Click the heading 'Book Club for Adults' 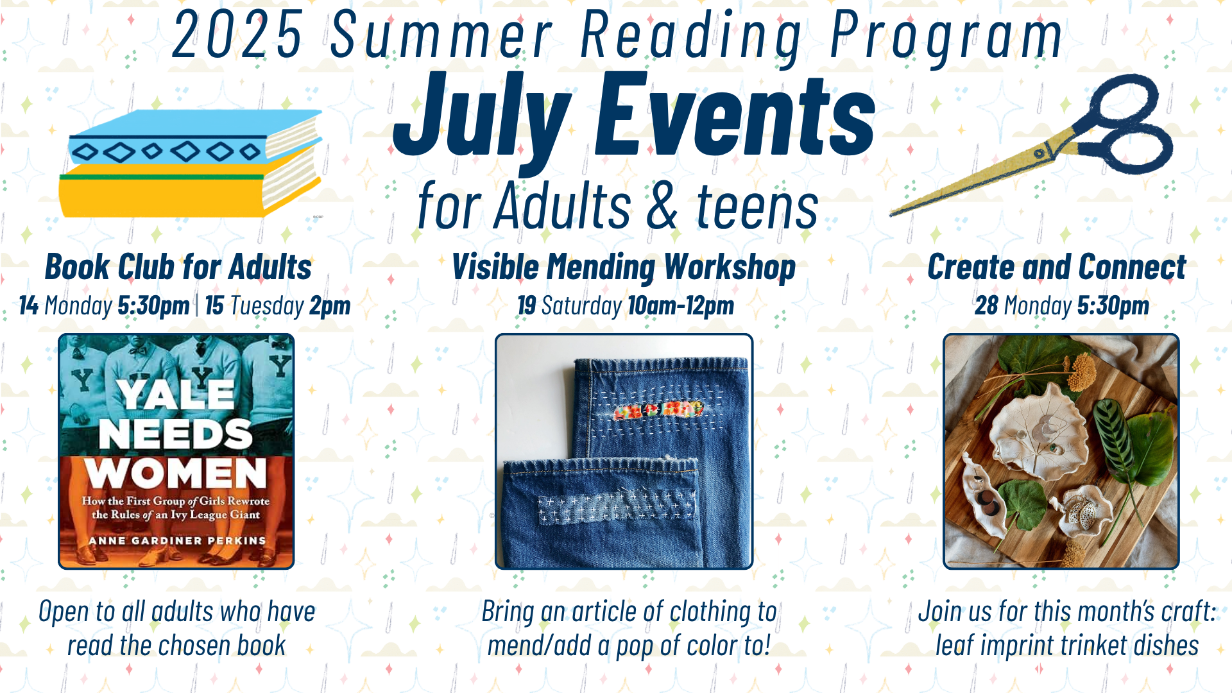pyautogui.click(x=178, y=267)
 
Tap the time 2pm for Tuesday pyautogui.click(x=330, y=306)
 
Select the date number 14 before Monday pyautogui.click(x=29, y=305)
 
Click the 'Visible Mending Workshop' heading pyautogui.click(x=624, y=268)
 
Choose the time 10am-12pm pyautogui.click(x=681, y=305)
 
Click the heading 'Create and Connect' pyautogui.click(x=1057, y=267)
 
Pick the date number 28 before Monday pyautogui.click(x=986, y=305)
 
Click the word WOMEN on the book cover pyautogui.click(x=176, y=474)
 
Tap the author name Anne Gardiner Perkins pyautogui.click(x=177, y=541)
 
